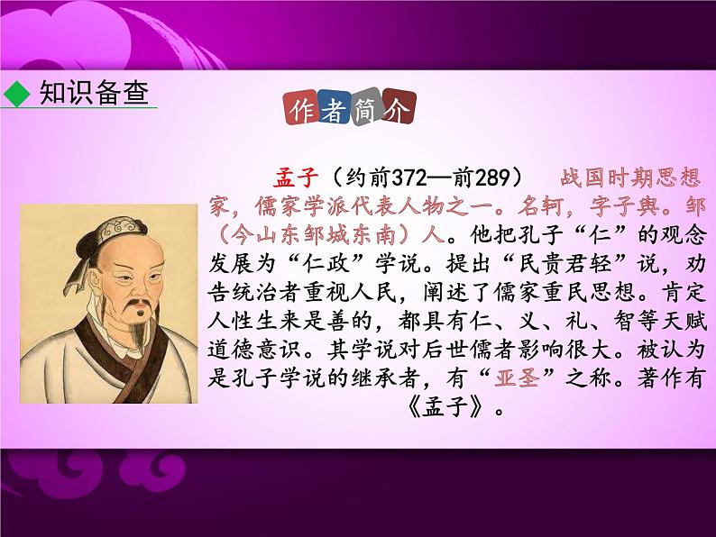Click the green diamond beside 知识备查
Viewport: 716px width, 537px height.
(16, 93)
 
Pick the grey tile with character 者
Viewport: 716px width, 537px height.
(335, 110)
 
